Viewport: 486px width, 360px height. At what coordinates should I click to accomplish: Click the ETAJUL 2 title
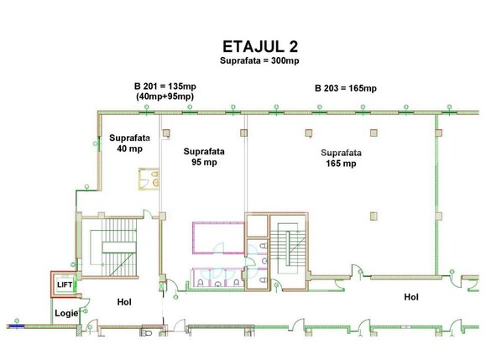coord(260,47)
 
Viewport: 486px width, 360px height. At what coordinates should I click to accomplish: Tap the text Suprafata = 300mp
coord(259,60)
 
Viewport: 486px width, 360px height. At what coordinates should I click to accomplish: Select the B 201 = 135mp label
coord(165,86)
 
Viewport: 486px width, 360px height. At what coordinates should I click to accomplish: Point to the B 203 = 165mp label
coord(346,88)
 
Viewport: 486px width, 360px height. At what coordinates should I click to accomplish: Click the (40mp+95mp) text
coord(165,97)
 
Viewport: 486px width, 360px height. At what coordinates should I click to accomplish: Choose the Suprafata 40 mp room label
coord(129,143)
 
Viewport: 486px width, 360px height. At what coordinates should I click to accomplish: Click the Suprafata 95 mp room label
coord(204,157)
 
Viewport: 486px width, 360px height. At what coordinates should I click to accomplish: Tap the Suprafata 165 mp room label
coord(341,158)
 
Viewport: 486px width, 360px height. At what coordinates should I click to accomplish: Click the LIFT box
coord(65,284)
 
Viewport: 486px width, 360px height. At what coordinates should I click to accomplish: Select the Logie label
coord(66,313)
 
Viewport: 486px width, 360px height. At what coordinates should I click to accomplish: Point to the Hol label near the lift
coord(124,302)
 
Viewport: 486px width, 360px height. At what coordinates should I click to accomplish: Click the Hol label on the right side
coord(411,297)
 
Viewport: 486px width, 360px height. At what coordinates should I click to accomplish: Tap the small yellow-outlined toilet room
coord(149,179)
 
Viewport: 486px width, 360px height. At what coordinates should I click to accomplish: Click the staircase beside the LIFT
coord(113,247)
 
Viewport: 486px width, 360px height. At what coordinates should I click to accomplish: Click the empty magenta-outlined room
coord(218,237)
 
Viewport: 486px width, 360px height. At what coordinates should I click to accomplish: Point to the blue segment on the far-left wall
coord(17,326)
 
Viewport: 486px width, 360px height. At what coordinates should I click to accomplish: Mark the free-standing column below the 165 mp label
coord(374,216)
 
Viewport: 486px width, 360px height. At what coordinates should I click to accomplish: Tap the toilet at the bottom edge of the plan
coord(146,332)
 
